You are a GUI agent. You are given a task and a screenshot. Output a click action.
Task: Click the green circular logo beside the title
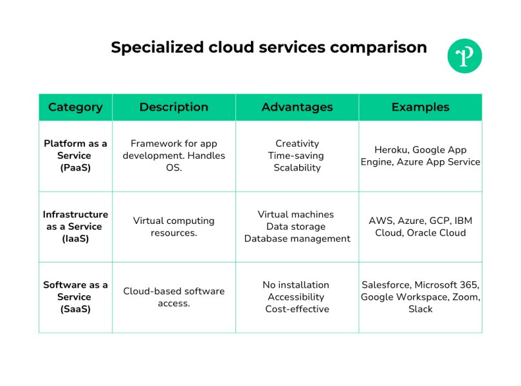pos(464,56)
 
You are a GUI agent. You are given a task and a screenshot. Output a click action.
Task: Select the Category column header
pos(75,107)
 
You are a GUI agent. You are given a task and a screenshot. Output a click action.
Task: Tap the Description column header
pos(174,107)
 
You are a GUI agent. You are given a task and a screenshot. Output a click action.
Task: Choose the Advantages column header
pos(297,107)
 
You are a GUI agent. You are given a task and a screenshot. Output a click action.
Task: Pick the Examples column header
pos(420,107)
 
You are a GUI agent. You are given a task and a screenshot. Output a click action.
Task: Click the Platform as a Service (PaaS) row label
pos(75,156)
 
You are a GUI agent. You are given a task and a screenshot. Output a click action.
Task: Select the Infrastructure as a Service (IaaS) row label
pos(75,226)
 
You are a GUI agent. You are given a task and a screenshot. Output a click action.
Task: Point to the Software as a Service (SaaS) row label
pos(75,297)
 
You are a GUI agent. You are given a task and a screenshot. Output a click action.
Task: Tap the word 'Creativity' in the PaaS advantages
pos(297,143)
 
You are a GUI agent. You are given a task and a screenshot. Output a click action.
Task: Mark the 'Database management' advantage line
pos(297,239)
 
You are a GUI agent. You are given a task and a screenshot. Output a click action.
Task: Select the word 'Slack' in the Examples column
pos(420,309)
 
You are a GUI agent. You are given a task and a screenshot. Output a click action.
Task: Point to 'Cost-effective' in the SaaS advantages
pos(297,309)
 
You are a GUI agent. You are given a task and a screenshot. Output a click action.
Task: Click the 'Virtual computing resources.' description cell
pos(174,226)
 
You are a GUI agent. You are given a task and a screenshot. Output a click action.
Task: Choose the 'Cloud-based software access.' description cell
pos(174,297)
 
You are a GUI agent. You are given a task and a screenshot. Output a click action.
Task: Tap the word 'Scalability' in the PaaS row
pos(297,167)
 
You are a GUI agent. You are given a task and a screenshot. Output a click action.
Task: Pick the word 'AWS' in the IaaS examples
pos(381,221)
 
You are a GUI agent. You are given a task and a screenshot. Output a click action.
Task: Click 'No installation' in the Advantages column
pos(296,285)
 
